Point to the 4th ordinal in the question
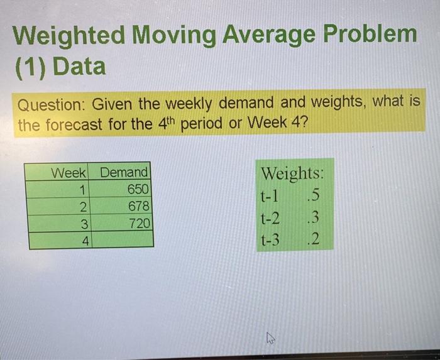click(163, 123)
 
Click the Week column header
click(69, 172)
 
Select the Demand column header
click(124, 172)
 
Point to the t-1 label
click(269, 197)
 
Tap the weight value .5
click(311, 197)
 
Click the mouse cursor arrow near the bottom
click(270, 339)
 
